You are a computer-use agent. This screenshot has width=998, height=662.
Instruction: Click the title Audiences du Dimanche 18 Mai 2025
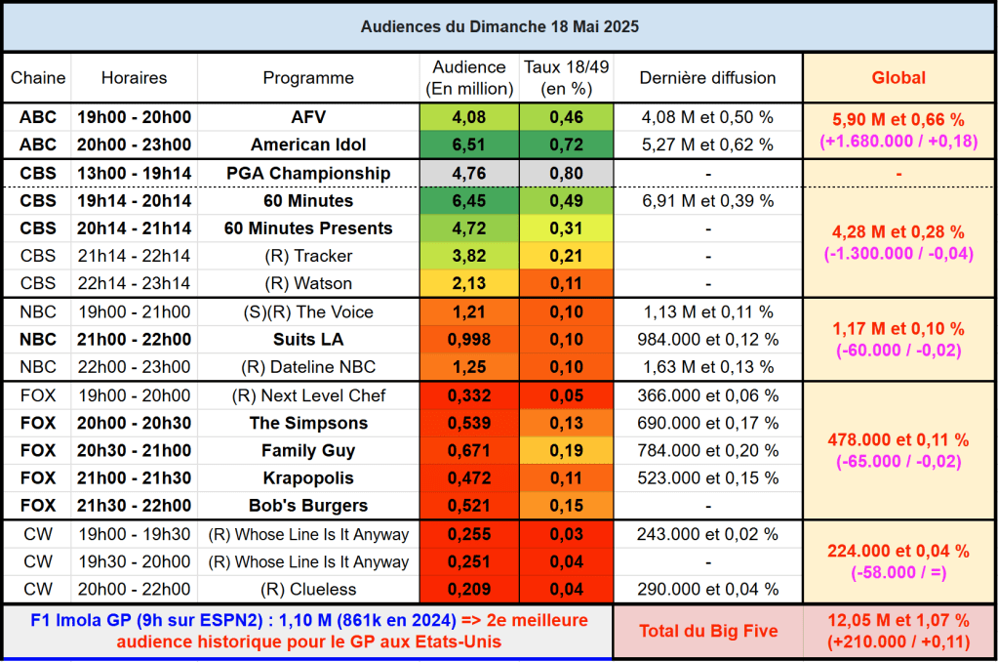pos(499,26)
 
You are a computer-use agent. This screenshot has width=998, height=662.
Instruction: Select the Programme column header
pos(308,78)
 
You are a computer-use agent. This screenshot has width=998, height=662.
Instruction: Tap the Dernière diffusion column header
pos(707,78)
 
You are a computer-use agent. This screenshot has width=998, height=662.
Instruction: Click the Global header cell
pos(898,78)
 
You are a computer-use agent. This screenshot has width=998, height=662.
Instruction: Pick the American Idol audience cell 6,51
pos(468,145)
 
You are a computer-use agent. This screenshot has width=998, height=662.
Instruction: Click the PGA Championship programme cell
pos(308,174)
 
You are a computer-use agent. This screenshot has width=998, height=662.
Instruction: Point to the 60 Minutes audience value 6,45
pos(468,201)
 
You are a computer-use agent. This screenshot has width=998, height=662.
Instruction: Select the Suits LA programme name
pos(308,340)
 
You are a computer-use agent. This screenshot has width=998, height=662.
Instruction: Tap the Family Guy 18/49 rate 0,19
pos(566,451)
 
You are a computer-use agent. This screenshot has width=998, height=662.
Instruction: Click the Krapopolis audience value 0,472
pos(468,478)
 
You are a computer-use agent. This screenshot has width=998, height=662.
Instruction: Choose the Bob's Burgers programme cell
pos(308,506)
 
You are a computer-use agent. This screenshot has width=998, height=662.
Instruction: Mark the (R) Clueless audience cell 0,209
pos(468,590)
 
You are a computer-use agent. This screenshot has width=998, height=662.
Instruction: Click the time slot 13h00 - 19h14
pos(135,174)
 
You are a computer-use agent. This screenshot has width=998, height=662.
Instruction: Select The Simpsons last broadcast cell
pos(707,424)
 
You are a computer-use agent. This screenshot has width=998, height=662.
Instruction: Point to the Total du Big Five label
pos(708,631)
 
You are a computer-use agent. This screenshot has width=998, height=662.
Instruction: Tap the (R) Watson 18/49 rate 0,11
pos(566,283)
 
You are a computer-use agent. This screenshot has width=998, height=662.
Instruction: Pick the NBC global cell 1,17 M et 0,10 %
pos(898,329)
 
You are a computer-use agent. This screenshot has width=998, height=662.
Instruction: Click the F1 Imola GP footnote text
pos(308,631)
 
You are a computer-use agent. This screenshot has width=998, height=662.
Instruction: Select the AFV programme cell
pos(308,117)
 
